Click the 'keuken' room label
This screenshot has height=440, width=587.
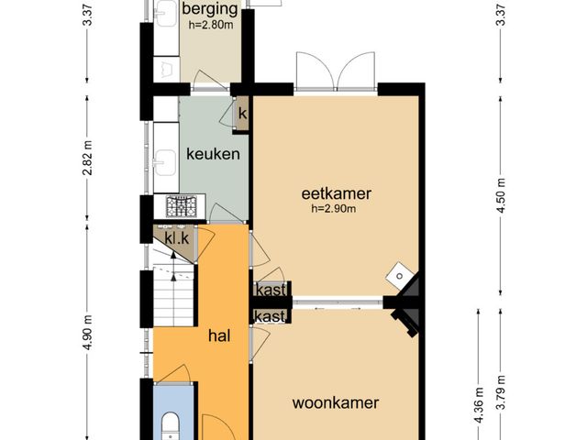[x=213, y=154]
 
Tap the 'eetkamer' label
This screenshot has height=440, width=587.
[x=337, y=193]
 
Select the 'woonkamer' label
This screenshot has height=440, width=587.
[x=336, y=403]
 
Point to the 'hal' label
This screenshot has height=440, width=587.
[x=219, y=335]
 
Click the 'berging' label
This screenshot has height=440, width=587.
[x=210, y=9]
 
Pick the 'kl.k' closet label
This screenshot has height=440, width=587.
[x=177, y=238]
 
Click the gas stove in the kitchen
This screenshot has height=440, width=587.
[x=182, y=206]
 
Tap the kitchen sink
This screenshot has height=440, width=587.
[x=165, y=162]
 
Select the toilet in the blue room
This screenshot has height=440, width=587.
[x=171, y=426]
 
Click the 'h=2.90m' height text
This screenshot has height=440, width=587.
[x=334, y=209]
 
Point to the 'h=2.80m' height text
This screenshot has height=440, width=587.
[x=211, y=25]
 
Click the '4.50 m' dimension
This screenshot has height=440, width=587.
[x=501, y=195]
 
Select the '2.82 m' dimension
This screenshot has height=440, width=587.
[x=87, y=158]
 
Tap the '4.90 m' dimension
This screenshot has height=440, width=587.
[x=87, y=333]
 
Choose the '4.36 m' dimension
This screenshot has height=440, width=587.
[x=479, y=405]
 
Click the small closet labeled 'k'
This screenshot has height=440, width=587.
[x=241, y=114]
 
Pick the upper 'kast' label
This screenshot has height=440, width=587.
[x=271, y=290]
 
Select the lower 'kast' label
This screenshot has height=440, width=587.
[x=270, y=316]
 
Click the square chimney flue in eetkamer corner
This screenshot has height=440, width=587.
[x=400, y=276]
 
